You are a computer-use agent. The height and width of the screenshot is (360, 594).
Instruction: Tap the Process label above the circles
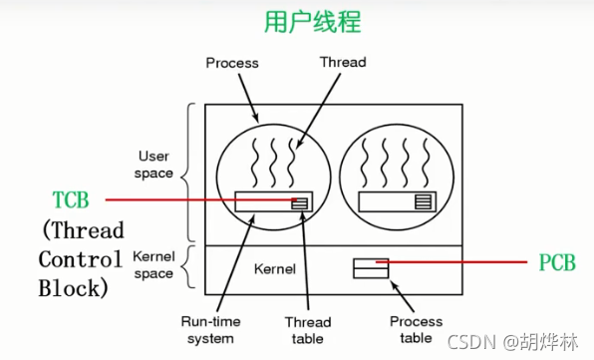tap(232, 63)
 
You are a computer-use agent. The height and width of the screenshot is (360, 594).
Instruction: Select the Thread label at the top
tap(342, 62)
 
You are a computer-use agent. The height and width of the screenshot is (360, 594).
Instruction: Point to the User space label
tap(153, 165)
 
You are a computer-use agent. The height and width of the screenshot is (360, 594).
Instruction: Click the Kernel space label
tap(153, 264)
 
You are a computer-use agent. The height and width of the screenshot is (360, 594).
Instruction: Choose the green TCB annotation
tap(71, 200)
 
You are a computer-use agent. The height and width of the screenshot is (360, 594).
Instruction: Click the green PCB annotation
tap(557, 263)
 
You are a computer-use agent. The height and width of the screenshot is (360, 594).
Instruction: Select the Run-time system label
tap(207, 328)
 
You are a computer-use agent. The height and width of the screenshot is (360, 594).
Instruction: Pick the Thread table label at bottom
tap(307, 328)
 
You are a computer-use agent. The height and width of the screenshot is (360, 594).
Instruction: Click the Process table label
tap(416, 328)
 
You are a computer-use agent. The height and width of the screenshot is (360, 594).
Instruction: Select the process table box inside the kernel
tap(370, 267)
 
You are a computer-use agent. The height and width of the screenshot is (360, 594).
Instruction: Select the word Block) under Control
tap(71, 288)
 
